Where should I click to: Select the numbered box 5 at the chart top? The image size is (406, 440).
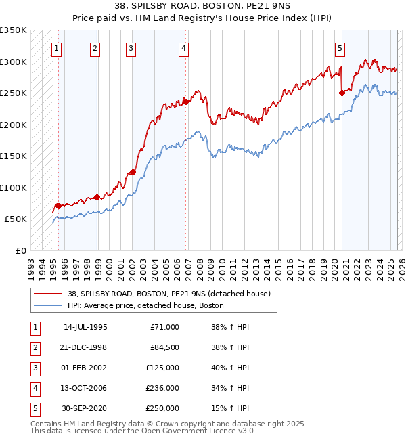pyautogui.click(x=339, y=48)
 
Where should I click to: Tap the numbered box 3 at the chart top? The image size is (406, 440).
pyautogui.click(x=130, y=48)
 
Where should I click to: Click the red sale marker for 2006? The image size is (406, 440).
pyautogui.click(x=185, y=102)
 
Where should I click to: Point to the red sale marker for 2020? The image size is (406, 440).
pyautogui.click(x=342, y=93)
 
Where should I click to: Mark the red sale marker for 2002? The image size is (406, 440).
pyautogui.click(x=133, y=172)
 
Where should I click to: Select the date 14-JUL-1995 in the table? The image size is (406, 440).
pyautogui.click(x=85, y=327)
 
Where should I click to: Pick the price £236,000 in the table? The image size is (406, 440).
pyautogui.click(x=162, y=388)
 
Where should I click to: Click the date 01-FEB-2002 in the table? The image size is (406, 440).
pyautogui.click(x=85, y=368)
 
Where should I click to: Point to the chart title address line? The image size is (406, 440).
pyautogui.click(x=203, y=8)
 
